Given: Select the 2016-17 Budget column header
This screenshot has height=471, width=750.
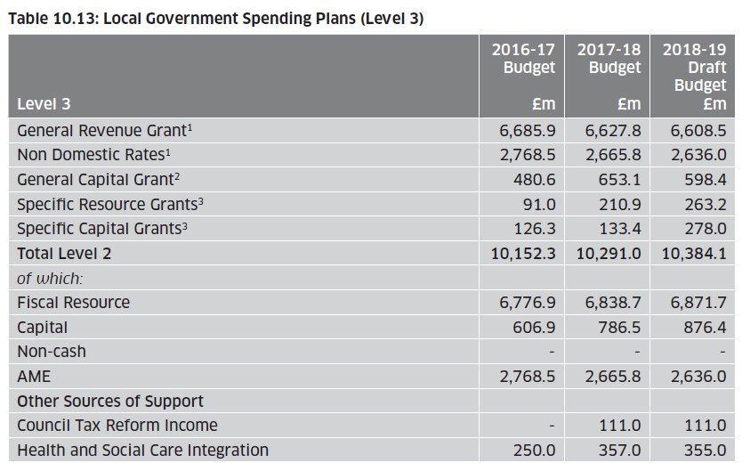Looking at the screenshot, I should pyautogui.click(x=523, y=59).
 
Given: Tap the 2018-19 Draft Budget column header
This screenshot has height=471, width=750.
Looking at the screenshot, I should pyautogui.click(x=694, y=68).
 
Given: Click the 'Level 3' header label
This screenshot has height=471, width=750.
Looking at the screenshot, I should pyautogui.click(x=44, y=104).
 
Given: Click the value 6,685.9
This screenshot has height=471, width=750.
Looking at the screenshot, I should pyautogui.click(x=528, y=130).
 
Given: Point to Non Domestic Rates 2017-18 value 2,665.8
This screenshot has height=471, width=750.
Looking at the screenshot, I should pyautogui.click(x=613, y=155).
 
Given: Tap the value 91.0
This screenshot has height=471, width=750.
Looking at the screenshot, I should pyautogui.click(x=540, y=204).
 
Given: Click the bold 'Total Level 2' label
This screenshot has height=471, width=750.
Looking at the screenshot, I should pyautogui.click(x=64, y=253).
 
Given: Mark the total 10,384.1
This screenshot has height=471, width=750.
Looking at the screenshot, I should pyautogui.click(x=694, y=253).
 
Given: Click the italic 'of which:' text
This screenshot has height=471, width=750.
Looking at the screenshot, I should pyautogui.click(x=50, y=278).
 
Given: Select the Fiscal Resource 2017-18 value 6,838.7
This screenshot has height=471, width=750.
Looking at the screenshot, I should pyautogui.click(x=613, y=303).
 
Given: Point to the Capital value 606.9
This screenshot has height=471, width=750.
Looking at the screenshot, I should pyautogui.click(x=536, y=327).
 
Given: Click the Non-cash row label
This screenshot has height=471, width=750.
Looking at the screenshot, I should pyautogui.click(x=52, y=352).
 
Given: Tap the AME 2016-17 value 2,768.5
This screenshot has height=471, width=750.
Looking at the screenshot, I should pyautogui.click(x=528, y=377).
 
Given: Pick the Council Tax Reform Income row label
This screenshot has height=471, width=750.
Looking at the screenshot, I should pyautogui.click(x=117, y=426).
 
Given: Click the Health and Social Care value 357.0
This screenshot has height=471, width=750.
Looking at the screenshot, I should pyautogui.click(x=621, y=451).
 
